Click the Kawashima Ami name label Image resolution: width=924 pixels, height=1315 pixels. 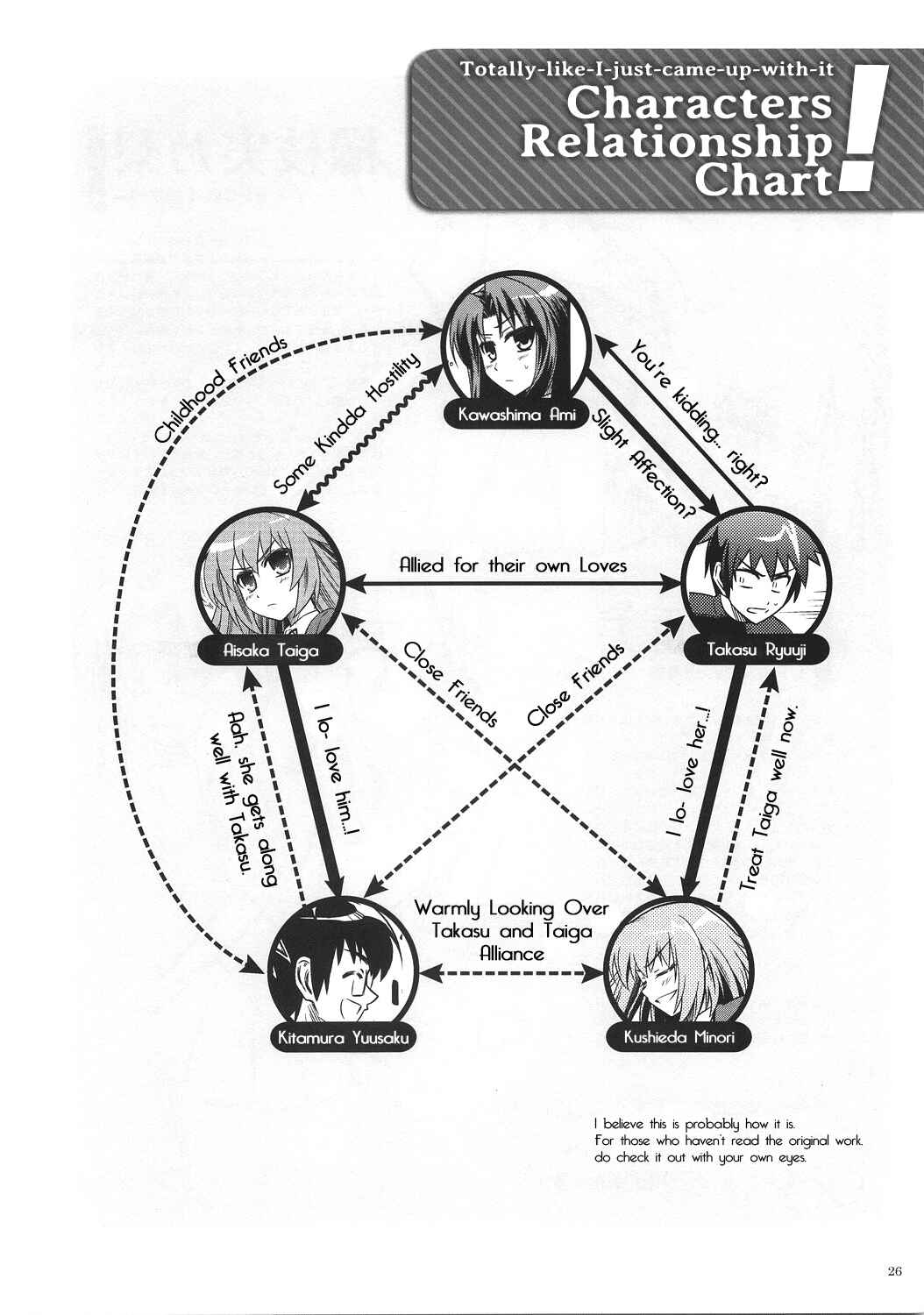tap(516, 416)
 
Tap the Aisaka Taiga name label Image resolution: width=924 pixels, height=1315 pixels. tap(271, 650)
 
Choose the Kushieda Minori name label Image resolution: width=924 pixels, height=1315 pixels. tap(679, 1037)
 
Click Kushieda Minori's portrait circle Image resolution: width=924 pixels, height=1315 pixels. tap(678, 968)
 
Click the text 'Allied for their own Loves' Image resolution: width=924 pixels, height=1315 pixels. tap(513, 565)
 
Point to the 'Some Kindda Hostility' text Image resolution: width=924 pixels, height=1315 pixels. tap(347, 423)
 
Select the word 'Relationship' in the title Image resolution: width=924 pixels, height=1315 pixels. tap(676, 143)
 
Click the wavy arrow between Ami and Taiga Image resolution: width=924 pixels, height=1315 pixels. tap(371, 432)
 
